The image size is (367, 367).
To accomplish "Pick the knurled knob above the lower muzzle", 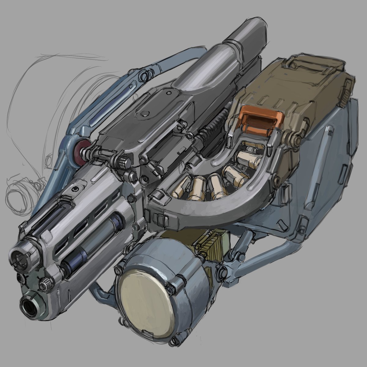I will [46, 285].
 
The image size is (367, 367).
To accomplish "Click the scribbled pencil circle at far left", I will [21, 196].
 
